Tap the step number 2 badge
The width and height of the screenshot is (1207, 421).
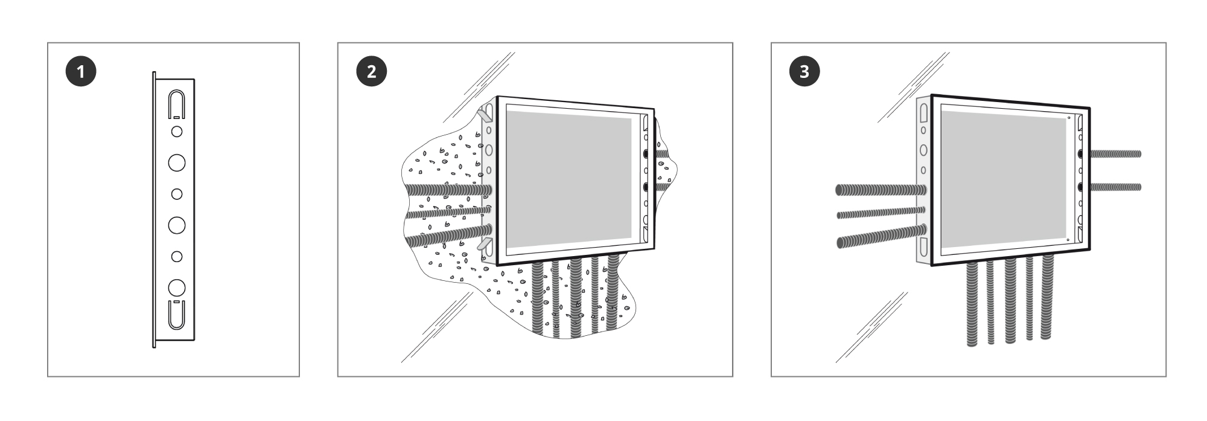[371, 71]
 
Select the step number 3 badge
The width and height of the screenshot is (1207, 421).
[804, 71]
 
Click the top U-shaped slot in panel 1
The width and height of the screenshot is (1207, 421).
[176, 104]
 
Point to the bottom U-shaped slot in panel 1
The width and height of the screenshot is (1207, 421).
[176, 314]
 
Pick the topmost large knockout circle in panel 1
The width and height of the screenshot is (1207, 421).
[177, 162]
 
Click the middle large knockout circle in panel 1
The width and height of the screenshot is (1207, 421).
[177, 225]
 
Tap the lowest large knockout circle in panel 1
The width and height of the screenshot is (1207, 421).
[177, 287]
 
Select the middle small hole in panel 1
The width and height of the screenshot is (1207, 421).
[177, 194]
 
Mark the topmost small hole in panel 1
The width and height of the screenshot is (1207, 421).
[177, 131]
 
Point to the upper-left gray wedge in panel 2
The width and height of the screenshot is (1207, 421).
[485, 114]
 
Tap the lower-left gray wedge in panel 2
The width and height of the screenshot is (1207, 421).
[485, 244]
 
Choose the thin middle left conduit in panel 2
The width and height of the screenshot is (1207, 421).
[447, 212]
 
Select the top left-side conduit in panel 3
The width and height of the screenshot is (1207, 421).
[881, 190]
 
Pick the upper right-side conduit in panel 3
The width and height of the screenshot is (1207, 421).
[1115, 154]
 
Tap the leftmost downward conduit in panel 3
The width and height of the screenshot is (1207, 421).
[972, 304]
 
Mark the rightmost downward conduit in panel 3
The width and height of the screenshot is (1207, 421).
[1048, 298]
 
